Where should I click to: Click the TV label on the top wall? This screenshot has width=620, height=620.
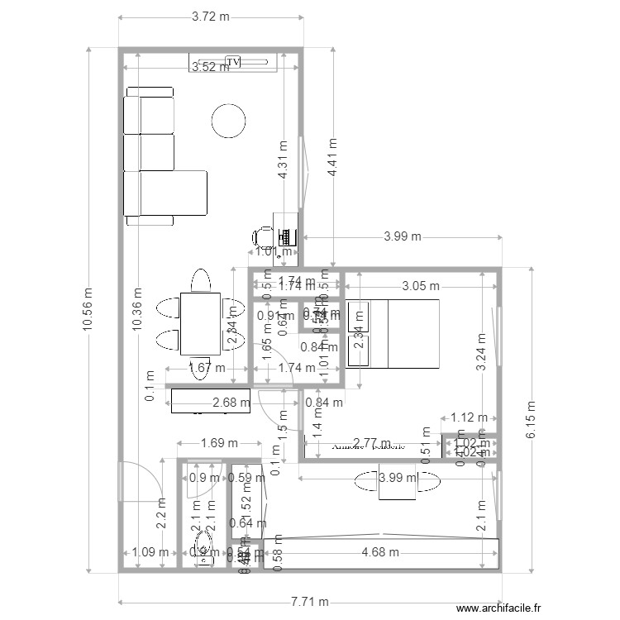pyautogui.click(x=234, y=62)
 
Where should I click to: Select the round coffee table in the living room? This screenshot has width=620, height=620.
pyautogui.click(x=228, y=122)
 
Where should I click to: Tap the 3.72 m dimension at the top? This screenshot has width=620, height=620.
pyautogui.click(x=211, y=17)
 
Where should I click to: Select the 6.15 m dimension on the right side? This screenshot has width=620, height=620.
pyautogui.click(x=531, y=421)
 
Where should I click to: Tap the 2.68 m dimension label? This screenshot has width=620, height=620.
pyautogui.click(x=231, y=403)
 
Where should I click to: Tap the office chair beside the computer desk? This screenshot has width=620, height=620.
pyautogui.click(x=261, y=235)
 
